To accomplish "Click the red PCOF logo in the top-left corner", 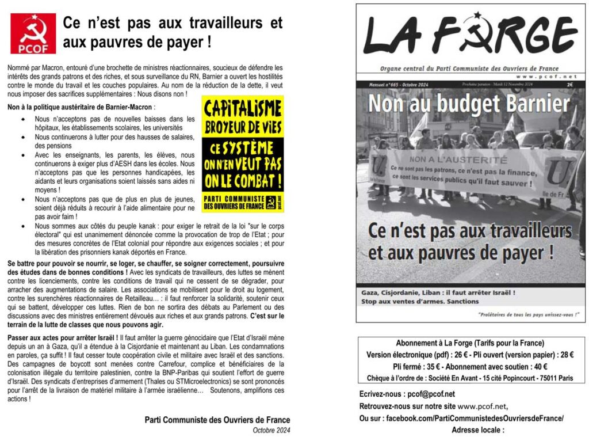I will [x=33, y=33].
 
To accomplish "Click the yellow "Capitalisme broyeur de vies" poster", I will [x=243, y=154].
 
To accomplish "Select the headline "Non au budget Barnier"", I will [x=469, y=104].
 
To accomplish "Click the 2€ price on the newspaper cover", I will [x=569, y=84].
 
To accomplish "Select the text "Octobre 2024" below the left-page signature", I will [x=271, y=430].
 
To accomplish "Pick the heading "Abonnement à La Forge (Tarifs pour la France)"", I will [x=470, y=343].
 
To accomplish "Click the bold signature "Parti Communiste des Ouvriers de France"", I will [x=217, y=420].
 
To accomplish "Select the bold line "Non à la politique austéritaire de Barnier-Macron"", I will [x=81, y=107].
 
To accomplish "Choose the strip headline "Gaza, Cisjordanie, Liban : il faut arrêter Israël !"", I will [x=438, y=292].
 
